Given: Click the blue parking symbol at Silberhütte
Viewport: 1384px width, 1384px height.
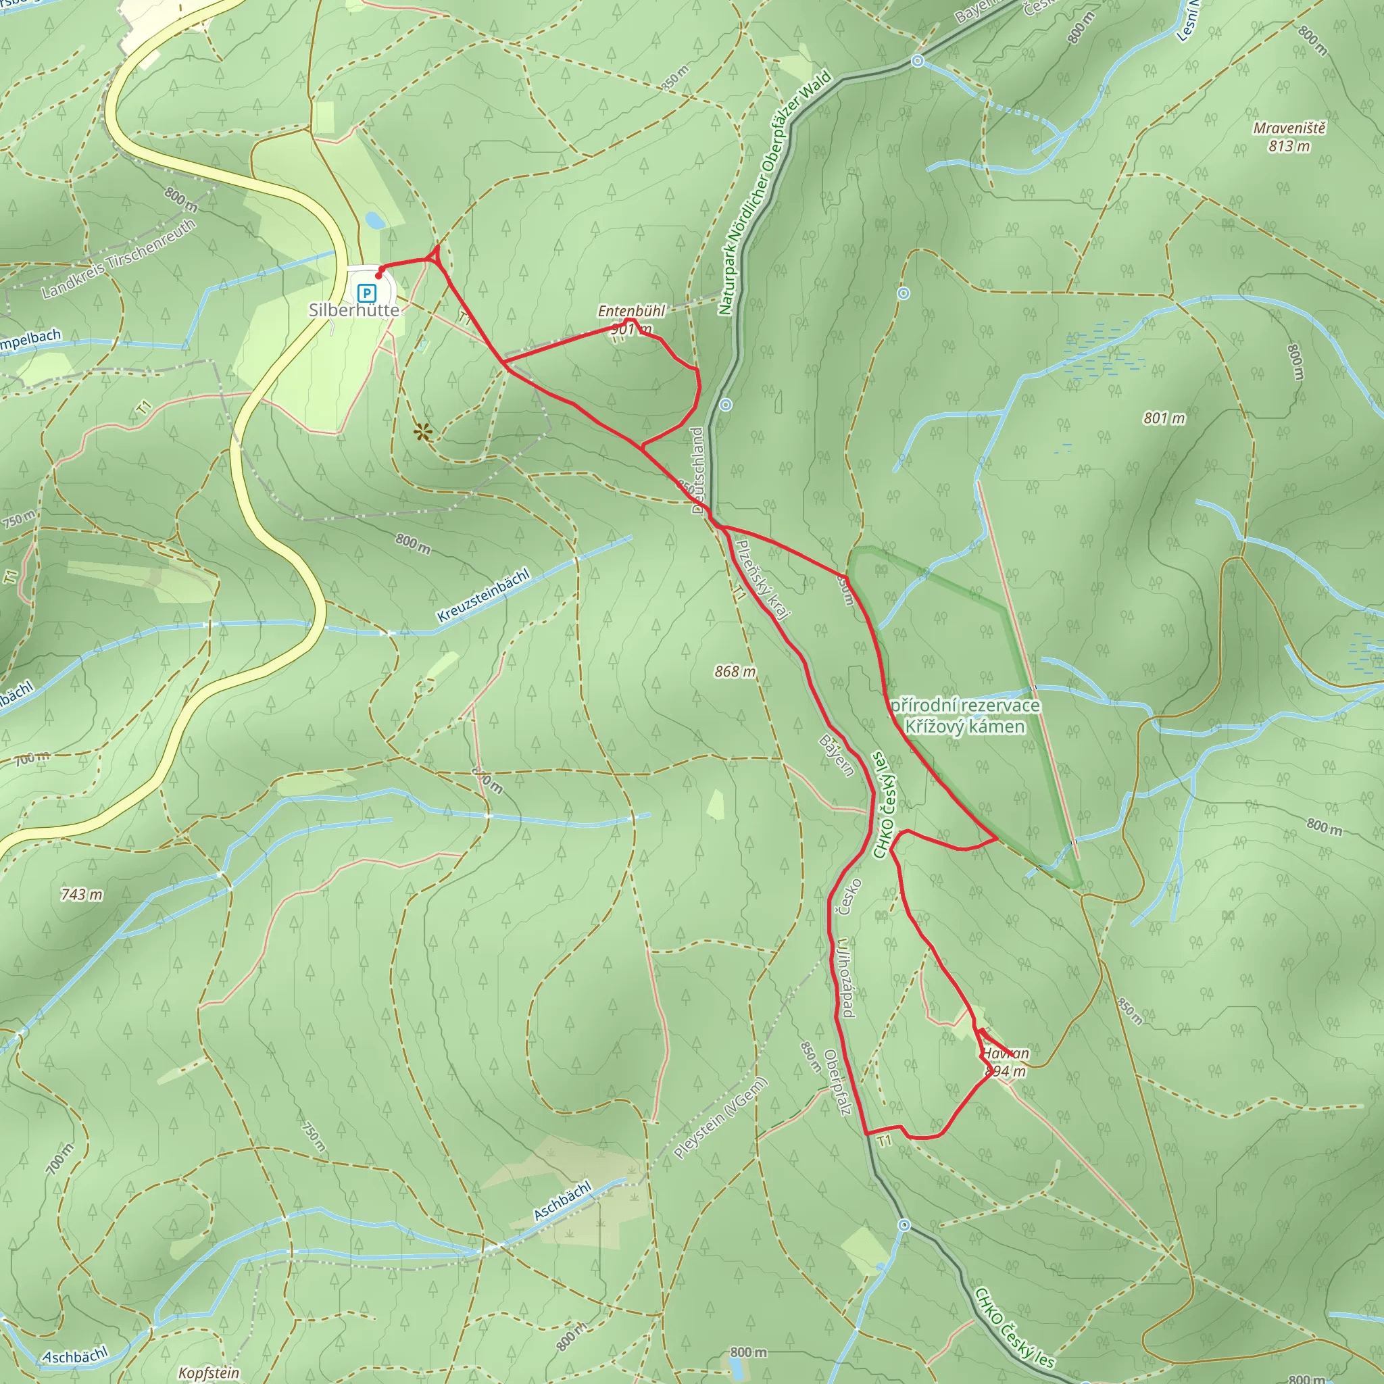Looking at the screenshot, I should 367,293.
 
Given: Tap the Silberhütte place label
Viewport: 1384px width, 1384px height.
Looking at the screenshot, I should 354,310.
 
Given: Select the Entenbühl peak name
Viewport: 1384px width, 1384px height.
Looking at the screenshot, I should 631,311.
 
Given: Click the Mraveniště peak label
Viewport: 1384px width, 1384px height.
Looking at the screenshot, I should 1289,128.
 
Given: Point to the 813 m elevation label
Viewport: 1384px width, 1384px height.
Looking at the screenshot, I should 1289,146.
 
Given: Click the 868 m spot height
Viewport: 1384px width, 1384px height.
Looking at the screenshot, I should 735,671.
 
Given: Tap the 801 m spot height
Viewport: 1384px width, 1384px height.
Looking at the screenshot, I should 1164,418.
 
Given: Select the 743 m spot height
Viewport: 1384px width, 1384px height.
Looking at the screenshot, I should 82,894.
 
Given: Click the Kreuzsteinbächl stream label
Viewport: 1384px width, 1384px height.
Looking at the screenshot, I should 484,595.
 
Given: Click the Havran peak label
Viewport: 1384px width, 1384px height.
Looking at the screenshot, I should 1005,1053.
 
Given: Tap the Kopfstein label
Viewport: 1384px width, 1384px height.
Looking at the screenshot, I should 208,1373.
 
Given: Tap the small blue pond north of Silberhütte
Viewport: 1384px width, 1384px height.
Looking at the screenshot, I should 374,219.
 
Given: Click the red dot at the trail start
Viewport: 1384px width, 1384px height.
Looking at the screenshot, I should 378,276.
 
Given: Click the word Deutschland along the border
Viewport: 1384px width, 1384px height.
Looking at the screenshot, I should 697,470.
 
